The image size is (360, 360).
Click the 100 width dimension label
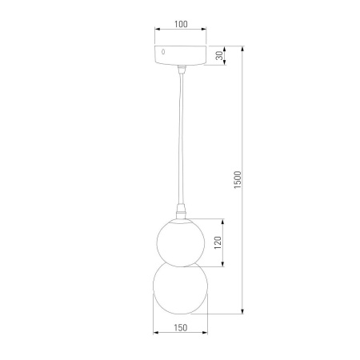pos(180,25)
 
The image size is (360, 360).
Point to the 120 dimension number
pos(216,241)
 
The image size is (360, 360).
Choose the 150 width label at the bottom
pos(180,328)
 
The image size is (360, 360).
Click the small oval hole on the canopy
pos(165,52)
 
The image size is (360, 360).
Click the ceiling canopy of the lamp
pos(180,54)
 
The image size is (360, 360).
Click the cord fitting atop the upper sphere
pos(180,212)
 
